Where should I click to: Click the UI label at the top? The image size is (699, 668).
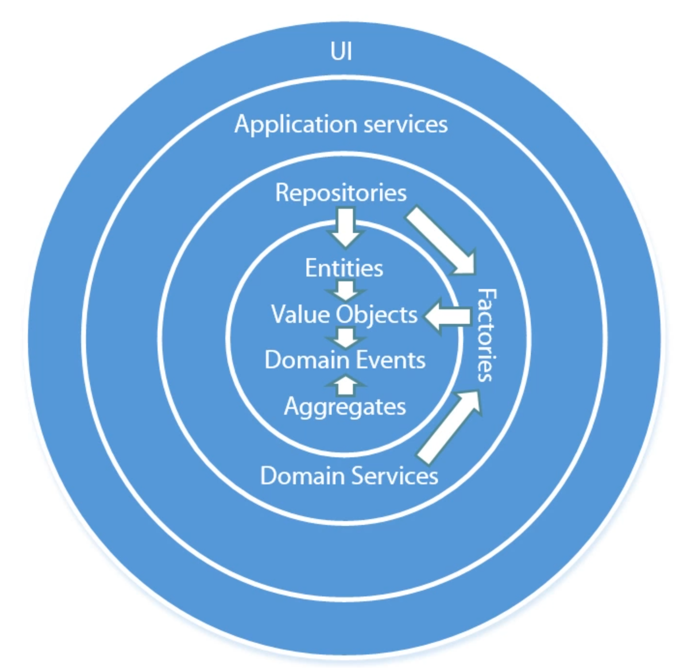tap(341, 51)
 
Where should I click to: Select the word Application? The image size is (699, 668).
tap(296, 125)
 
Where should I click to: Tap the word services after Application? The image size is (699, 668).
tap(406, 124)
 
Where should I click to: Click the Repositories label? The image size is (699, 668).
tap(341, 193)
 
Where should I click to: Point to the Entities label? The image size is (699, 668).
tap(344, 268)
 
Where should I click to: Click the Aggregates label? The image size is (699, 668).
tap(345, 407)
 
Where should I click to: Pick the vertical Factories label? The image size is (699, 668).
tap(486, 335)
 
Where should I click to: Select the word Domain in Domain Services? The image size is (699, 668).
tap(302, 476)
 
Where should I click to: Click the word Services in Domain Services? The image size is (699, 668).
tap(394, 476)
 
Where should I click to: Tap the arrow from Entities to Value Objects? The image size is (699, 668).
tap(346, 290)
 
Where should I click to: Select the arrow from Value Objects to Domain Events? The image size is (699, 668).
tap(346, 337)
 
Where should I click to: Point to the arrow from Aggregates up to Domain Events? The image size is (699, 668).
tap(346, 385)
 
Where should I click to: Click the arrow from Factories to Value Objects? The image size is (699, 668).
tap(448, 316)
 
